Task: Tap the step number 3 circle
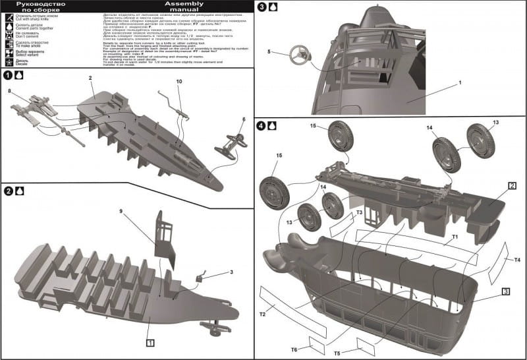coord(262,8)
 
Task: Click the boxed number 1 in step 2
coord(151,342)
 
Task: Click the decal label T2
coord(262,314)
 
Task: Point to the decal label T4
coord(517,260)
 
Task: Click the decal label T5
coord(337,353)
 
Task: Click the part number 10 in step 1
coord(179,81)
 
